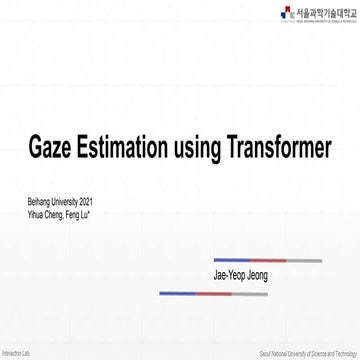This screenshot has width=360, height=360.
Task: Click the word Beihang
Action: point(39,202)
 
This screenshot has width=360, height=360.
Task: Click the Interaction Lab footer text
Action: point(16,354)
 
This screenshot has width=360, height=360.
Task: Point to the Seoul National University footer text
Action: point(308,354)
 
